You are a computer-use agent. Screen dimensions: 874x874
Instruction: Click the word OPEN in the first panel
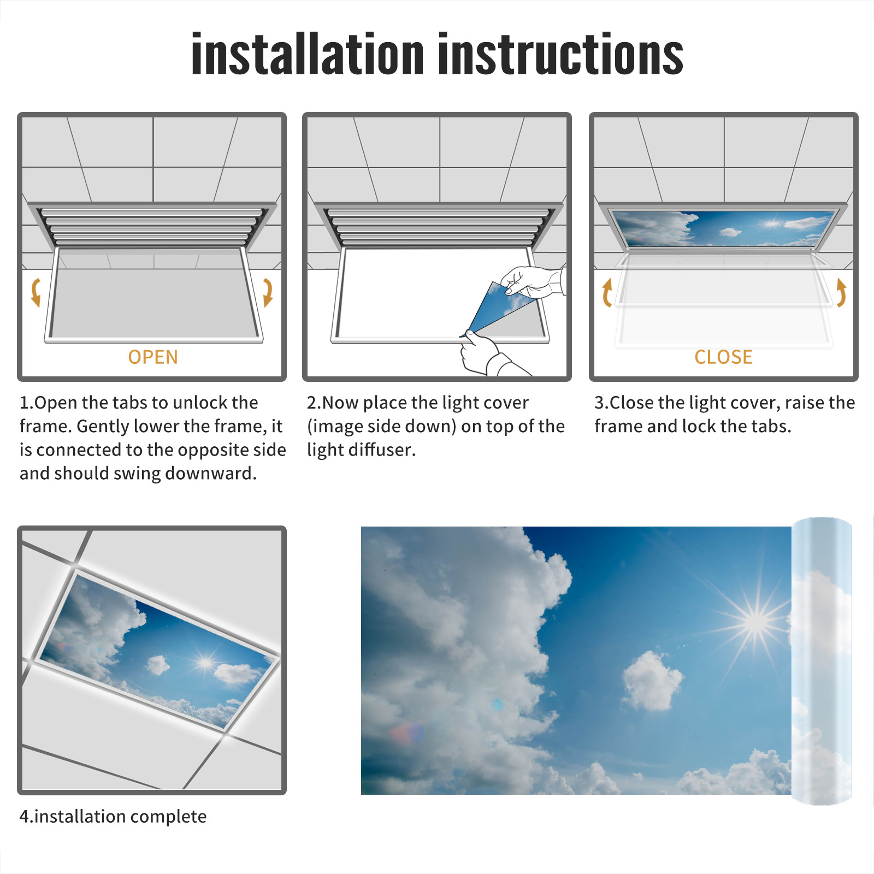(153, 357)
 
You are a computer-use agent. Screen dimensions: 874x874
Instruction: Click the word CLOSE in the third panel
(723, 357)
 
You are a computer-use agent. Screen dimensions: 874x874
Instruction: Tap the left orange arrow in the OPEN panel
(36, 292)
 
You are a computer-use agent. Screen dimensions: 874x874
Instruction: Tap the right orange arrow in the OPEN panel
(268, 292)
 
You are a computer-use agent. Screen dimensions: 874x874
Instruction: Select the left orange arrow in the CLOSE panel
(606, 293)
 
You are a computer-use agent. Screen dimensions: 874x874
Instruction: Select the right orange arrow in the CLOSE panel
(841, 293)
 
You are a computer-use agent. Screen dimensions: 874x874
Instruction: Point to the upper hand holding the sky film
(533, 281)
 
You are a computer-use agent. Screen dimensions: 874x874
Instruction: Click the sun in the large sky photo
(757, 621)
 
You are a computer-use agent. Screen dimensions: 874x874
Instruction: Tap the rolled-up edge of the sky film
(822, 661)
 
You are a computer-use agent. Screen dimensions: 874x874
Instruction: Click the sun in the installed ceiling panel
(206, 663)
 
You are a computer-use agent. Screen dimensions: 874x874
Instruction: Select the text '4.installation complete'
(113, 817)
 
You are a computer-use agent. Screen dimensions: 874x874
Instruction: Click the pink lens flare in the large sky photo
(407, 733)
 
